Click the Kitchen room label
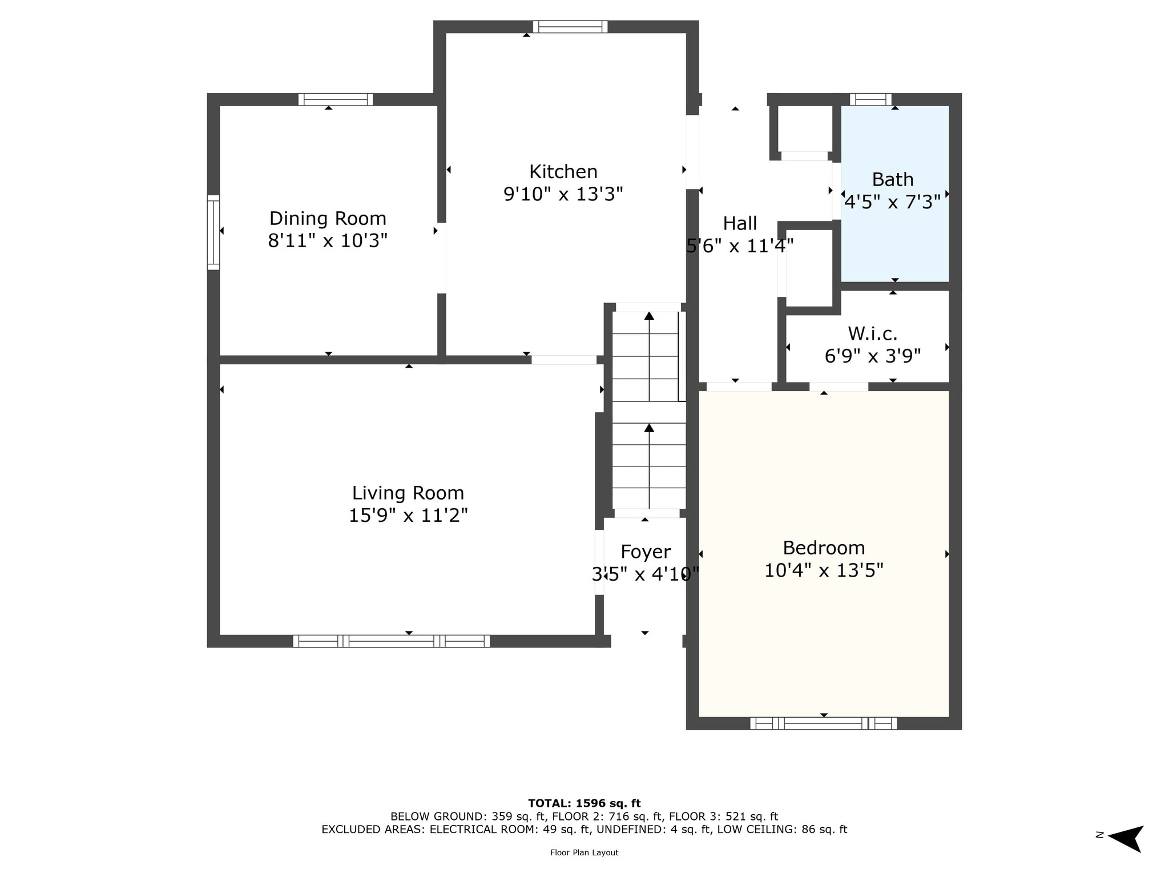pyautogui.click(x=563, y=172)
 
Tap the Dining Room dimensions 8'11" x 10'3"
pyautogui.click(x=328, y=240)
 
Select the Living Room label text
pyautogui.click(x=408, y=493)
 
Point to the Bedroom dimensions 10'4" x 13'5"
pyautogui.click(x=824, y=570)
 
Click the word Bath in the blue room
pyautogui.click(x=893, y=180)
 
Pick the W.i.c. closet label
pyautogui.click(x=873, y=333)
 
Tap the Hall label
pyautogui.click(x=740, y=223)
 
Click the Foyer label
pyautogui.click(x=646, y=552)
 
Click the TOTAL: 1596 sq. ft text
pyautogui.click(x=584, y=803)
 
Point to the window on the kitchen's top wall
pyautogui.click(x=570, y=27)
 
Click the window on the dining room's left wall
pyautogui.click(x=213, y=232)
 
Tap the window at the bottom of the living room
pyautogui.click(x=392, y=641)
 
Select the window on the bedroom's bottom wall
pyautogui.click(x=823, y=723)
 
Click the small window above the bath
pyautogui.click(x=870, y=99)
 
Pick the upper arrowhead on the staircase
pyautogui.click(x=649, y=316)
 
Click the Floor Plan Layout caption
pyautogui.click(x=584, y=852)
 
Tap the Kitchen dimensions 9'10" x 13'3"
pyautogui.click(x=563, y=194)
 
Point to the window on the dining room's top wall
pyautogui.click(x=336, y=99)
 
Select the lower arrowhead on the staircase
pyautogui.click(x=649, y=428)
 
